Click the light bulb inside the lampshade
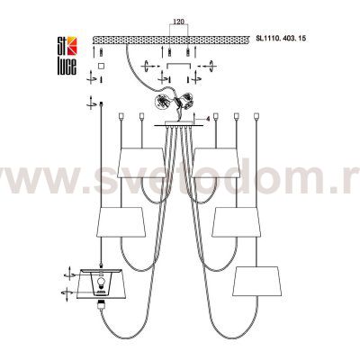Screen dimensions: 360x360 click(x=101, y=285)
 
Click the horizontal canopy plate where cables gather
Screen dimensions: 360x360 click(x=176, y=127)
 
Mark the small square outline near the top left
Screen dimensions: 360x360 click(x=101, y=66)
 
